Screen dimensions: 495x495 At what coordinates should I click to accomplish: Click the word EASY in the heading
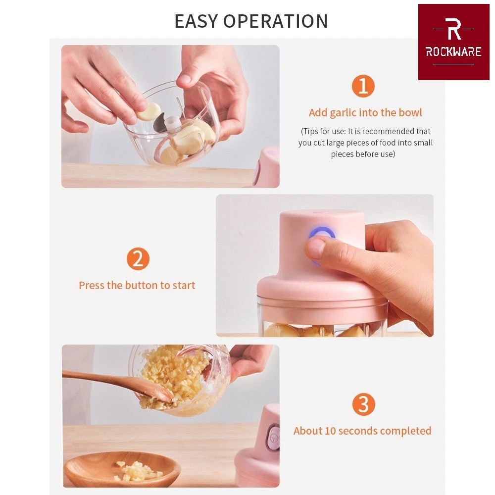[x=196, y=21]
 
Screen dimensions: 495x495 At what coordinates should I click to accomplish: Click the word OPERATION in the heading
[x=276, y=21]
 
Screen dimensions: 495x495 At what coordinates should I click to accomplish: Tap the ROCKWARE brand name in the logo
[x=453, y=51]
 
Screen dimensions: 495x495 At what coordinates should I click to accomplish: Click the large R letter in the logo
[x=453, y=29]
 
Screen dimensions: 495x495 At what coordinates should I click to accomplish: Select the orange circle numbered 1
[x=363, y=86]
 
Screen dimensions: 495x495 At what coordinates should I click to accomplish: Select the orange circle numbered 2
[x=138, y=258]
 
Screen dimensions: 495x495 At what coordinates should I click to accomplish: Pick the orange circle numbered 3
[x=364, y=404]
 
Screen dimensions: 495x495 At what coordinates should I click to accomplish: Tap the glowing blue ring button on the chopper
[x=321, y=234]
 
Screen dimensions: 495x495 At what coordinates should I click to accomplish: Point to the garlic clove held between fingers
[x=148, y=111]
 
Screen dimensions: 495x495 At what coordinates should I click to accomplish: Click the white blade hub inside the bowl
[x=173, y=123]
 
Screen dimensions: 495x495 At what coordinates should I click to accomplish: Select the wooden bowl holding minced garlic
[x=122, y=469]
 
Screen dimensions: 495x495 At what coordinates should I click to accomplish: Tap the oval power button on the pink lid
[x=273, y=438]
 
